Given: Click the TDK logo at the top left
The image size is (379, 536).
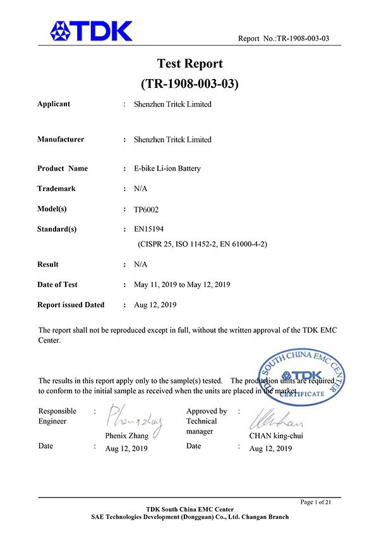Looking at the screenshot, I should click(92, 30).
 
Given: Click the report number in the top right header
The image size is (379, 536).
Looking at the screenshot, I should click(284, 39).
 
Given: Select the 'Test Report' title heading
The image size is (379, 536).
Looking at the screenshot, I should click(189, 64).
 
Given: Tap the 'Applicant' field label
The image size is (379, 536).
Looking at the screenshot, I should click(54, 104).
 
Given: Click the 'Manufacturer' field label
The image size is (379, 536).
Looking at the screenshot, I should click(61, 139).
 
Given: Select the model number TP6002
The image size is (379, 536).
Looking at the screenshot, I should click(147, 209).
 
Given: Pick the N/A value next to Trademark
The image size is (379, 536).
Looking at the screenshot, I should click(141, 188).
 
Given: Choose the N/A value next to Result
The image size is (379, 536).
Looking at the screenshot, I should click(141, 264).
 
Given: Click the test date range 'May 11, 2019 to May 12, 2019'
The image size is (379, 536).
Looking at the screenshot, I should click(182, 284).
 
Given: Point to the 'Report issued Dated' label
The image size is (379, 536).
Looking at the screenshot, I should click(71, 305).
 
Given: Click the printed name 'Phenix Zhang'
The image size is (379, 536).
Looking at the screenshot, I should click(126, 435).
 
